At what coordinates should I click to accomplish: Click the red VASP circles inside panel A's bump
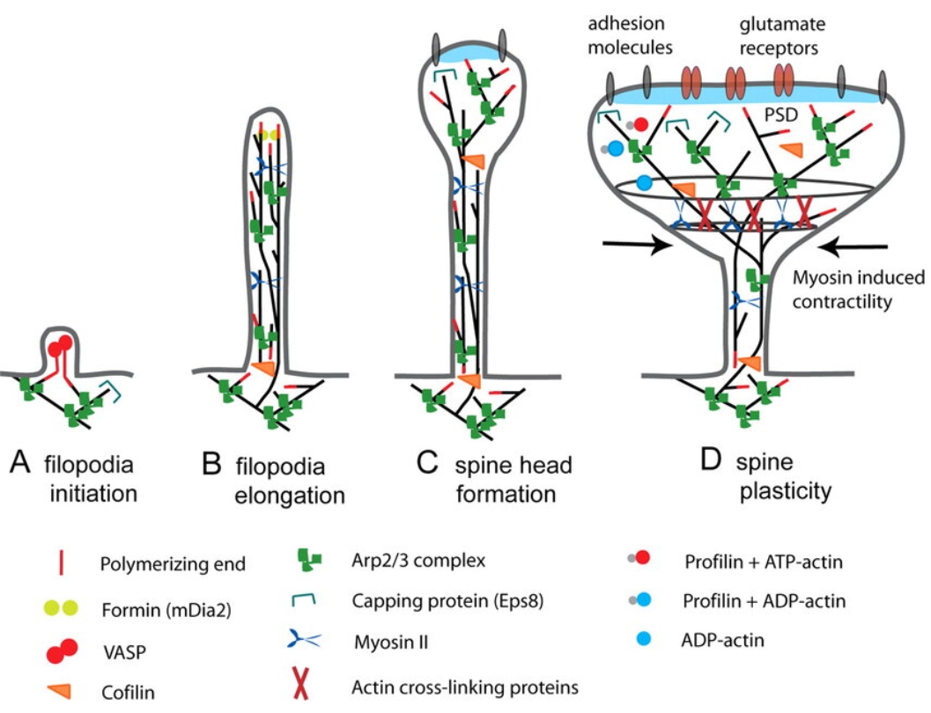pos(61,348)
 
